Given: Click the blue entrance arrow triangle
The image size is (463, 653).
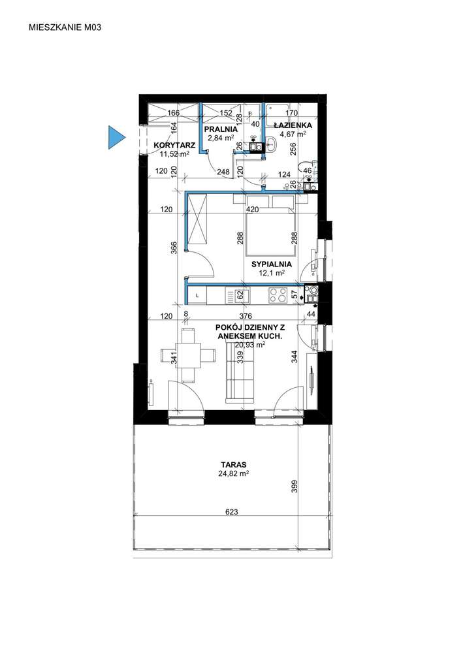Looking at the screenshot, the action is click(116, 136).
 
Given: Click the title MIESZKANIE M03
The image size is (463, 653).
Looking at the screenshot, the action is click(65, 27).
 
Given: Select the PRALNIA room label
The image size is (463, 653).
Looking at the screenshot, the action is click(221, 129).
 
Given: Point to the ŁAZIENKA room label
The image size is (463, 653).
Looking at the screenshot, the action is click(293, 125).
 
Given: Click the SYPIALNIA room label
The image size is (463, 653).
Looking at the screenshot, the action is click(272, 264).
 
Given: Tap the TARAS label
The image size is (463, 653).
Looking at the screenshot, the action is click(234, 464).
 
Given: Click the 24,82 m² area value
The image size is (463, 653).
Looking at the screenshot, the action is click(234, 473).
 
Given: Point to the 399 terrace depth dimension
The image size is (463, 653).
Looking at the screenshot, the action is click(295, 486).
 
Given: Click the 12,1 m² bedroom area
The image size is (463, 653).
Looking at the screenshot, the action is click(272, 273).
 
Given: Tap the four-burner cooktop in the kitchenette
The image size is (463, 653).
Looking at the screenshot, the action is click(278, 295).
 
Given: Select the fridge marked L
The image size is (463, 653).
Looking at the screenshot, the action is click(197, 296).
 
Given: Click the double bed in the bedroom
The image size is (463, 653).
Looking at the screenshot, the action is click(270, 231).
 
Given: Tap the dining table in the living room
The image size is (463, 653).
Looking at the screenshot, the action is click(189, 355).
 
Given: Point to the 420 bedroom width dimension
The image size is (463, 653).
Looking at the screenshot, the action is click(252, 210).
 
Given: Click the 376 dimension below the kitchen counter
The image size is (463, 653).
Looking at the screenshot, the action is click(246, 317).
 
